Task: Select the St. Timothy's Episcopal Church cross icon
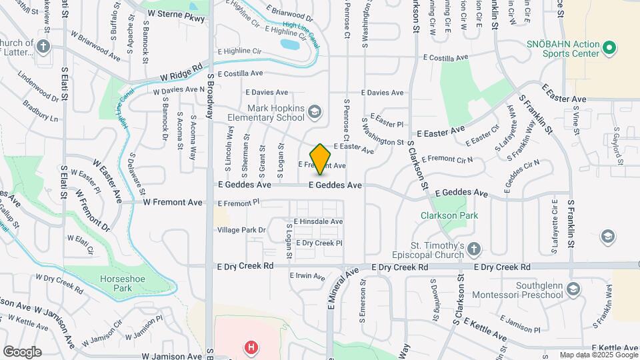[473, 249]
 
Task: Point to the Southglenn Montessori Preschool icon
[574, 289]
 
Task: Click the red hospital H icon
[251, 347]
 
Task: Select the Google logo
[22, 351]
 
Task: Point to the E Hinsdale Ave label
[318, 221]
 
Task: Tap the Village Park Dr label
[241, 230]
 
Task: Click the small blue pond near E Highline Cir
[290, 45]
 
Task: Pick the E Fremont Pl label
[238, 203]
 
